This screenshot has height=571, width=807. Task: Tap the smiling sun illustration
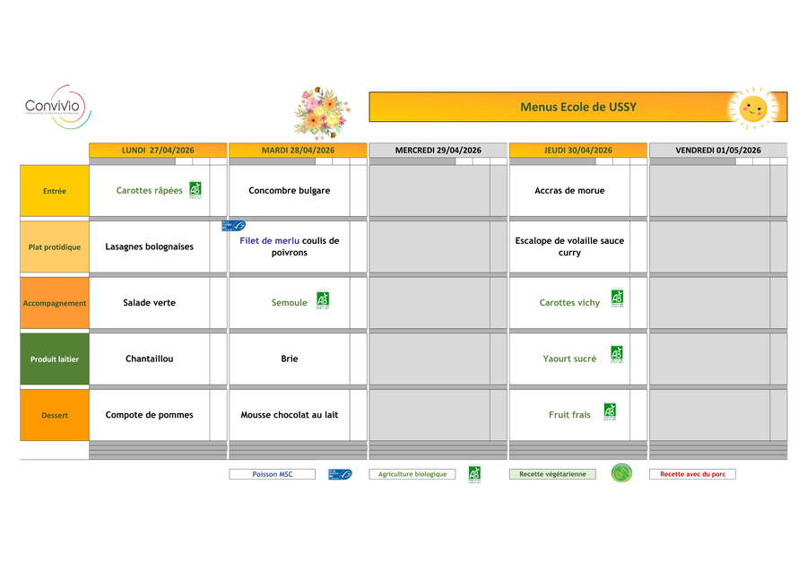(751, 108)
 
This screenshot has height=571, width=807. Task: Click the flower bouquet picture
(321, 113)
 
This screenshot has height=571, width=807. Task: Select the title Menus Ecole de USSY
(578, 107)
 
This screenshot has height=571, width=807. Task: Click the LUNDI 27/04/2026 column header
(158, 150)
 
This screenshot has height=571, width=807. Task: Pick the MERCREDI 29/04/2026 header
(438, 150)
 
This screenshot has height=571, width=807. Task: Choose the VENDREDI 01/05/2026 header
(717, 150)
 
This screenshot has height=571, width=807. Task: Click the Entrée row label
(55, 191)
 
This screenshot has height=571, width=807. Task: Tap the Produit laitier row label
(55, 359)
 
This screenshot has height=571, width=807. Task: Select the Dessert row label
(55, 415)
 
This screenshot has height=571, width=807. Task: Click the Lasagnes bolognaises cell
(149, 247)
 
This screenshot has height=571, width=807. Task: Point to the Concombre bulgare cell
(289, 190)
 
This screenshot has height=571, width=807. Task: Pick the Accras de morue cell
(569, 190)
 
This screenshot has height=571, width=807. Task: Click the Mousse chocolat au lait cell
(289, 415)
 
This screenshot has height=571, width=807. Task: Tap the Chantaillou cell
(149, 359)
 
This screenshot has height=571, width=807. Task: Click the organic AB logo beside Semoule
(323, 299)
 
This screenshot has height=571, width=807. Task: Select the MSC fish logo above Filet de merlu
(234, 226)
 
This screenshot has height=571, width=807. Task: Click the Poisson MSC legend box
(272, 474)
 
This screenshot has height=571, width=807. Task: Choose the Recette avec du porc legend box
(692, 474)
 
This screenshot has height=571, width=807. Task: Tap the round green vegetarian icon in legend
(621, 473)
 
